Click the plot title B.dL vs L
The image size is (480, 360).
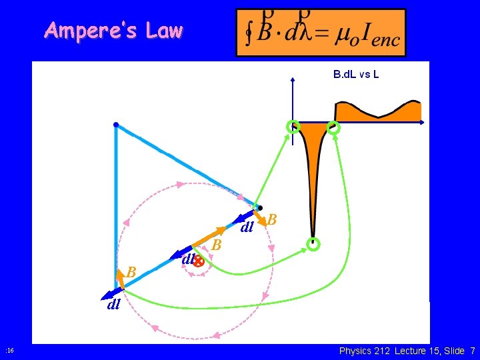point(356,74)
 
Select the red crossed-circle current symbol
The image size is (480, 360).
point(198,262)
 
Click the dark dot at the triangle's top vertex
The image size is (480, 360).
point(116,125)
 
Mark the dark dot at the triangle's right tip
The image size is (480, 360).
point(260,207)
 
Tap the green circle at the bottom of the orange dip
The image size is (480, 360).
point(313,244)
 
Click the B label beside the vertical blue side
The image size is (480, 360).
point(131,272)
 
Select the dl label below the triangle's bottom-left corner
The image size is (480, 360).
point(113,305)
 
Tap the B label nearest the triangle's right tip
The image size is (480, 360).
point(272,219)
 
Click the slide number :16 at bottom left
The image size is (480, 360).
point(9,351)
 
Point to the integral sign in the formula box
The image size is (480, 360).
point(250,33)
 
